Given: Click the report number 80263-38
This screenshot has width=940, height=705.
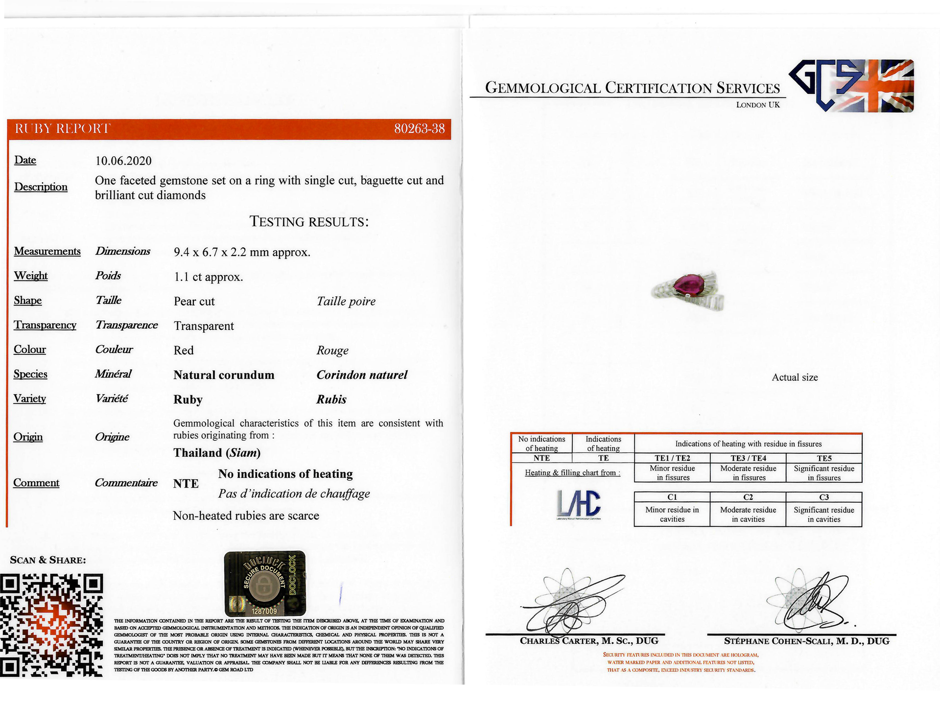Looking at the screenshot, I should coord(419,129).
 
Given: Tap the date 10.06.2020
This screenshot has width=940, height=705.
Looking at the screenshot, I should coord(123,161).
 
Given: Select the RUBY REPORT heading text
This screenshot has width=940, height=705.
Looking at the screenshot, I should coord(63,129).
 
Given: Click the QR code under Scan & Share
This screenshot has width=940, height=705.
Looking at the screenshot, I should coord(51,625).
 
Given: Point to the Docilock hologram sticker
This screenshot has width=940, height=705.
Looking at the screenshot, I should coord(265,583).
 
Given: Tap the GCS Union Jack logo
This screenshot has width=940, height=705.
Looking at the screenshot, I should coord(852,86).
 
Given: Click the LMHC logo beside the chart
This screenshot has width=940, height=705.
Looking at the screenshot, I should coord(579,504).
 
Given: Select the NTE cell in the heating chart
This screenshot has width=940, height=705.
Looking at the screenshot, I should coord(541,458).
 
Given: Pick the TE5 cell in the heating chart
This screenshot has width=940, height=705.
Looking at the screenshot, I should coord(824,458).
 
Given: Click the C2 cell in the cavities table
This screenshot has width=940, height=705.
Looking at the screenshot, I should coord(748,497).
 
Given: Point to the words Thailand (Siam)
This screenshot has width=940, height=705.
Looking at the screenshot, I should coord(217,453).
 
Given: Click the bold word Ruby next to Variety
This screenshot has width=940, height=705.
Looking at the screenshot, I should coord(188,399).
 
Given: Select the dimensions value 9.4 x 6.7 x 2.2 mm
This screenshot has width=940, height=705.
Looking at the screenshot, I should coord(242,253).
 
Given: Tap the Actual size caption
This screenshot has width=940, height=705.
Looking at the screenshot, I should coord(795,377).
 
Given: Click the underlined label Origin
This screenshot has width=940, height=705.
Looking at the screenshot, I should coord(28,437).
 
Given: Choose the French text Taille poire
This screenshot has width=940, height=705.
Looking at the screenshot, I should coord(346,302).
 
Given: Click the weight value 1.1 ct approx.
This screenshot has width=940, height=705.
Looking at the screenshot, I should coord(208,277).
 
